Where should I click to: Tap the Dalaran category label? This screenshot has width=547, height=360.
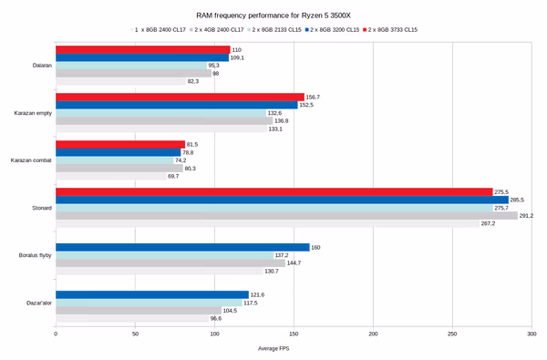click(39, 65)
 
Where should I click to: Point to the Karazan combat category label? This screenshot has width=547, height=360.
click(31, 159)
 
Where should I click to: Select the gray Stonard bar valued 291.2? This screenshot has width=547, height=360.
click(286, 216)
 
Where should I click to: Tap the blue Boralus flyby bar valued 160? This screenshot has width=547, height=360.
click(182, 247)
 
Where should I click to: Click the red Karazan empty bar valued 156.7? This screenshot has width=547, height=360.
click(180, 97)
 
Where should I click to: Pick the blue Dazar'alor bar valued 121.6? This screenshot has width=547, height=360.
click(151, 294)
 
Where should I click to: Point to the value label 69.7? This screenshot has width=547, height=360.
click(173, 176)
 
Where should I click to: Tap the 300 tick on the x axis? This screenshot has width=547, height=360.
click(531, 334)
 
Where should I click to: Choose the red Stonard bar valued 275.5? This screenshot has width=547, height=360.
click(273, 191)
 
